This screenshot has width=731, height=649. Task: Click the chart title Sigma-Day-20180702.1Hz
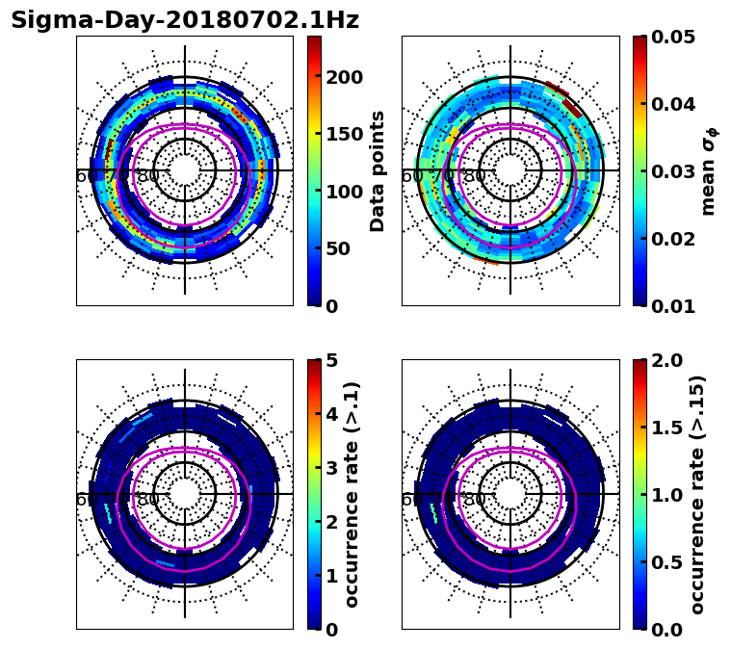(x=184, y=20)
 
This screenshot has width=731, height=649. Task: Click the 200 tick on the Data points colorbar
(x=344, y=78)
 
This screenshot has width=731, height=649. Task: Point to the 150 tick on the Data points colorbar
(x=344, y=135)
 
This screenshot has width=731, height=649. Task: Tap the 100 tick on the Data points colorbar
(x=344, y=192)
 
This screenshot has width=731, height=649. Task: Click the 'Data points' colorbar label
(x=378, y=170)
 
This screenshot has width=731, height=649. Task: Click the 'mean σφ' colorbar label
(x=709, y=171)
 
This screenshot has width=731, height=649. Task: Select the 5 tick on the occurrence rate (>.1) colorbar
(x=332, y=360)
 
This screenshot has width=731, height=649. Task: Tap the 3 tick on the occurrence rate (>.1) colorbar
(x=332, y=468)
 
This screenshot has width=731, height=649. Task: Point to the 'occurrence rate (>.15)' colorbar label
(x=698, y=495)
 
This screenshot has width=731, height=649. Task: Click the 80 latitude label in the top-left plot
(x=148, y=177)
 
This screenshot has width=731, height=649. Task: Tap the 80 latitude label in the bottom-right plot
(x=474, y=501)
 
